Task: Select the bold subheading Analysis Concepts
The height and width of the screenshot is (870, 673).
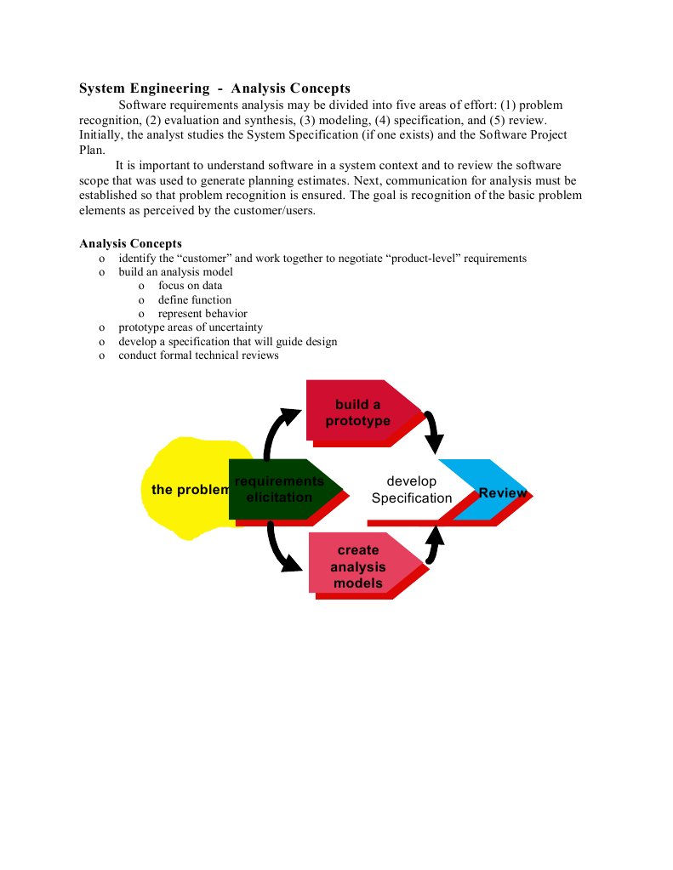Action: (130, 244)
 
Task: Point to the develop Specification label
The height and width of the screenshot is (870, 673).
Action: (411, 490)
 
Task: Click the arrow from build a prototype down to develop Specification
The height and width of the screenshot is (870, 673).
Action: (435, 432)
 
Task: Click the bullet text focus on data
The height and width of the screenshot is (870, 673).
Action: (190, 287)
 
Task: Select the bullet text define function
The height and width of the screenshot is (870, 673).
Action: (194, 300)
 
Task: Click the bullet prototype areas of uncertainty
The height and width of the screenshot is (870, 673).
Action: (191, 327)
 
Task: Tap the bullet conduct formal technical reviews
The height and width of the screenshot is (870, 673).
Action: (198, 355)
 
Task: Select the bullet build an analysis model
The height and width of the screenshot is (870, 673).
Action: (175, 272)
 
